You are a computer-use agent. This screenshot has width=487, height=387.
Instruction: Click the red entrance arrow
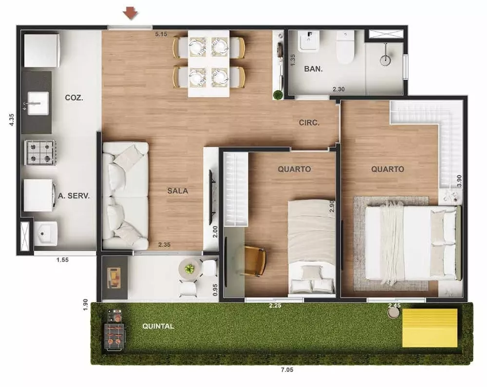[x=130, y=14]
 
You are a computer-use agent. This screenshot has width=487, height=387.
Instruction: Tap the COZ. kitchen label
[x=74, y=97]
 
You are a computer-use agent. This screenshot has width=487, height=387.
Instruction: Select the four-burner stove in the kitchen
[x=40, y=152]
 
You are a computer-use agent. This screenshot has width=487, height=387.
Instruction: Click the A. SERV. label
[x=75, y=196]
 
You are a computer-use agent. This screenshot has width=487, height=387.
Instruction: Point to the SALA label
[x=178, y=191]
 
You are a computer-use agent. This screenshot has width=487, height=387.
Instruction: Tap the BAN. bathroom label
[x=313, y=69]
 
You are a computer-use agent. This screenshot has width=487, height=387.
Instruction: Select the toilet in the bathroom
[x=346, y=47]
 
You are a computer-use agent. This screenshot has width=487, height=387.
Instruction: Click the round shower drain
[x=385, y=60]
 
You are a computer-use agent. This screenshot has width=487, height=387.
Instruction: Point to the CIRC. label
[x=309, y=123]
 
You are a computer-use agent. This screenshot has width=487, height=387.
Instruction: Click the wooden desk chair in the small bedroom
[x=255, y=260]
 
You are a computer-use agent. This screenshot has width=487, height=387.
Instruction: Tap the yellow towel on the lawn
[x=430, y=328]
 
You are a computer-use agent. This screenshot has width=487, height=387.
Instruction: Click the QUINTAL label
[x=158, y=326]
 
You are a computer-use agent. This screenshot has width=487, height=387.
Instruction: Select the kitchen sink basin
[x=38, y=103]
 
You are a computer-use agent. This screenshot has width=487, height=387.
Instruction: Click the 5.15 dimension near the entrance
[x=161, y=34]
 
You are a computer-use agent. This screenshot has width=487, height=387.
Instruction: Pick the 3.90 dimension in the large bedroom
[x=459, y=181]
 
